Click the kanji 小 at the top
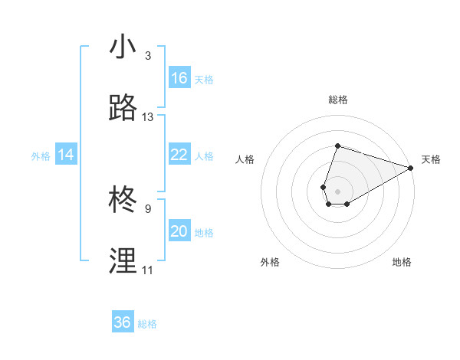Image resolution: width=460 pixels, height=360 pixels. (123, 47)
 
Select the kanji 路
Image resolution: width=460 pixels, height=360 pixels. (123, 109)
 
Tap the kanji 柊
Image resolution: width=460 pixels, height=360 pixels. (123, 201)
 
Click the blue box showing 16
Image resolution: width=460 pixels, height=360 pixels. (179, 78)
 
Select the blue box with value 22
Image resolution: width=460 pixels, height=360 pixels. (179, 155)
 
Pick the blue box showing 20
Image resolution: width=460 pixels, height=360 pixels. (179, 231)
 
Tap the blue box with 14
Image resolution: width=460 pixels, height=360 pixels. (66, 155)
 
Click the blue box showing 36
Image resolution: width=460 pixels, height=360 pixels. (123, 322)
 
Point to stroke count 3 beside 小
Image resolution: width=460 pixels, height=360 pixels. (148, 56)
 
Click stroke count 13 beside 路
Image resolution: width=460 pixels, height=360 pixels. (148, 117)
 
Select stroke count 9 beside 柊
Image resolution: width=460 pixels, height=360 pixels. (148, 209)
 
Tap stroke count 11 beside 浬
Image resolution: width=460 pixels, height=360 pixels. (148, 270)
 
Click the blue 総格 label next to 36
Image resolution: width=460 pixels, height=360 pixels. (147, 324)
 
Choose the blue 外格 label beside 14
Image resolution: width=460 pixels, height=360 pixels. (41, 156)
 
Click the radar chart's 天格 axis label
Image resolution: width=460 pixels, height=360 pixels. (431, 159)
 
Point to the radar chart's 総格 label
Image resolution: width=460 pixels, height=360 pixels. (337, 100)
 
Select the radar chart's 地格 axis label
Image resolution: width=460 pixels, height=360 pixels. (402, 262)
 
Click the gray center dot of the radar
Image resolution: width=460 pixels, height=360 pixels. (337, 190)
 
